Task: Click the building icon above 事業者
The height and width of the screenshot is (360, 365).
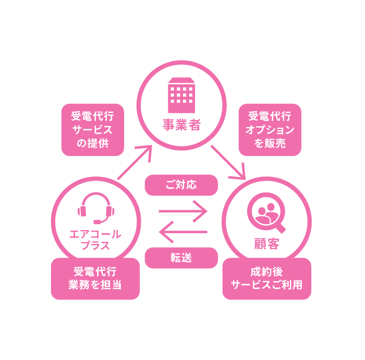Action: click(x=181, y=95)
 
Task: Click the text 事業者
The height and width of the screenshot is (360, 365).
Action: click(x=181, y=126)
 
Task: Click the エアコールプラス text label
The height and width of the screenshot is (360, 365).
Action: click(x=95, y=239)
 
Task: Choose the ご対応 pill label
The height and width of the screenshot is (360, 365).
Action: click(x=181, y=185)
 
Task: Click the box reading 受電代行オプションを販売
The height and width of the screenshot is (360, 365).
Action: click(x=270, y=130)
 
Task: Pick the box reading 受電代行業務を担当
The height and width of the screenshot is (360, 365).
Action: click(x=95, y=279)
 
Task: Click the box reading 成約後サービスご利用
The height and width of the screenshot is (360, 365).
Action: click(x=266, y=279)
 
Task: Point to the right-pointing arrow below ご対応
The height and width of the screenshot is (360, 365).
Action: click(x=183, y=211)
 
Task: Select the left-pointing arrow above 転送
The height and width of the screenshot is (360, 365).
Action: click(x=183, y=232)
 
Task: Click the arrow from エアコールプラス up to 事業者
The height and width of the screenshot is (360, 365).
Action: click(x=135, y=162)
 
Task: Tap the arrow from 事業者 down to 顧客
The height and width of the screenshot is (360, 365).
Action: click(x=228, y=162)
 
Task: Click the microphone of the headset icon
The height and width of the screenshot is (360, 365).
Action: click(x=97, y=222)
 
